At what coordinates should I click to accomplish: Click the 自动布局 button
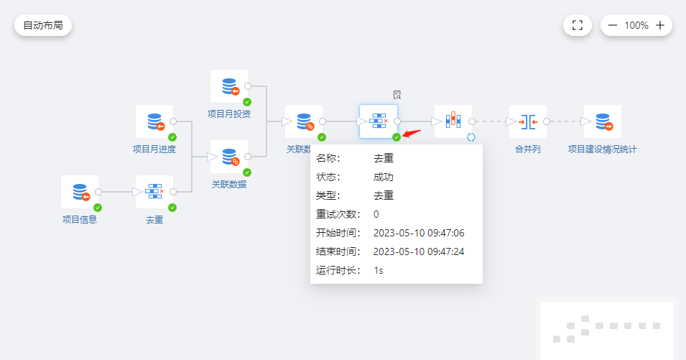pyautogui.click(x=43, y=25)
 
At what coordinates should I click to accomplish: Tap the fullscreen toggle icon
pyautogui.click(x=577, y=25)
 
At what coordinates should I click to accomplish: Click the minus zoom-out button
pyautogui.click(x=613, y=25)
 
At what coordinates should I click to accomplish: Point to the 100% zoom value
pyautogui.click(x=636, y=25)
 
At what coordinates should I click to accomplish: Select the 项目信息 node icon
pyautogui.click(x=80, y=193)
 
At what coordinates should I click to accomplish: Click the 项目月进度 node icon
pyautogui.click(x=154, y=122)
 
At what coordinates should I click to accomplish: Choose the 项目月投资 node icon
pyautogui.click(x=229, y=87)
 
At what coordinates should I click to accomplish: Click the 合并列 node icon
pyautogui.click(x=528, y=122)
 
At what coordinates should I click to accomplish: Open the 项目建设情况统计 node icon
pyautogui.click(x=603, y=122)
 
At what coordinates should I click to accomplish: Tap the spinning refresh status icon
pyautogui.click(x=471, y=137)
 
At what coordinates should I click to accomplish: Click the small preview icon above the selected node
pyautogui.click(x=397, y=94)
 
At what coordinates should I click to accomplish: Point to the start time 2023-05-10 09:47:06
pyautogui.click(x=419, y=233)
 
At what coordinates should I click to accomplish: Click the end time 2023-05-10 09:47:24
pyautogui.click(x=419, y=251)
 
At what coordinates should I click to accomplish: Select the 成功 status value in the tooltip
pyautogui.click(x=384, y=177)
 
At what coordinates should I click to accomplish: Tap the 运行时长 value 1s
pyautogui.click(x=379, y=270)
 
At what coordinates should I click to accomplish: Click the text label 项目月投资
pyautogui.click(x=229, y=114)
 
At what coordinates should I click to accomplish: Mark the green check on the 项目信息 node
pyautogui.click(x=98, y=208)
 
